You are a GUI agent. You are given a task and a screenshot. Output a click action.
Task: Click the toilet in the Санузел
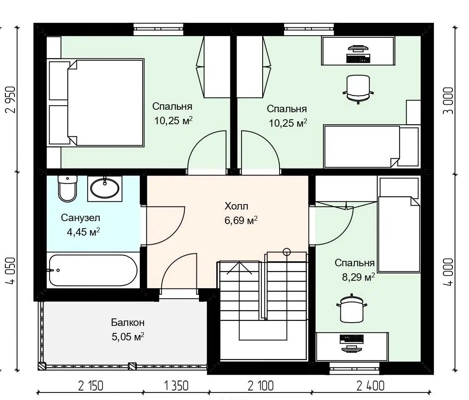coord(67,188)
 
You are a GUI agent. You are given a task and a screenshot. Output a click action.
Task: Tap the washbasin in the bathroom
coord(105,188)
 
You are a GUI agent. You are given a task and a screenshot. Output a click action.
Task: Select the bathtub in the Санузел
coord(93,270)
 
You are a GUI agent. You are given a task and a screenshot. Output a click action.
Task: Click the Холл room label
coord(236,206)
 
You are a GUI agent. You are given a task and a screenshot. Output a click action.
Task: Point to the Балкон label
coord(128,323)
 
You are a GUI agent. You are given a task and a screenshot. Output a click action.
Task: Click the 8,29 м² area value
coord(358,277)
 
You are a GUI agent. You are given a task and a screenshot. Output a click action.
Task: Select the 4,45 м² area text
coord(83,232)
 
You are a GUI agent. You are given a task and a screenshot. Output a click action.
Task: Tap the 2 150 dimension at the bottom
coord(91,386)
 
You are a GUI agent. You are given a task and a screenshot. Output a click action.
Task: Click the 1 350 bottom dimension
coord(176,386)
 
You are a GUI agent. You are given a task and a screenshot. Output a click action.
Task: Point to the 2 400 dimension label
coord(370,386)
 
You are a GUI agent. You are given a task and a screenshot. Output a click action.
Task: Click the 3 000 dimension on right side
coord(448,101)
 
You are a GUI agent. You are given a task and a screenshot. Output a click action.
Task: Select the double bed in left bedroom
coord(96,102)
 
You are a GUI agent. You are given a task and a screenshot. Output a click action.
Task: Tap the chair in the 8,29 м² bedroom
coord(352,308)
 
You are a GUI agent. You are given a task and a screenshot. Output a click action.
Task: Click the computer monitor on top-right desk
coord(358,48)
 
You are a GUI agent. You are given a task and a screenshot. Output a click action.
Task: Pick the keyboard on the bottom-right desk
coord(352,339)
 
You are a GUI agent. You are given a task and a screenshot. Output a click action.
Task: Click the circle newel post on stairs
coord(287,252)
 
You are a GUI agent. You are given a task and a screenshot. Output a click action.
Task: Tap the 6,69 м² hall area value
coord(241,220)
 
